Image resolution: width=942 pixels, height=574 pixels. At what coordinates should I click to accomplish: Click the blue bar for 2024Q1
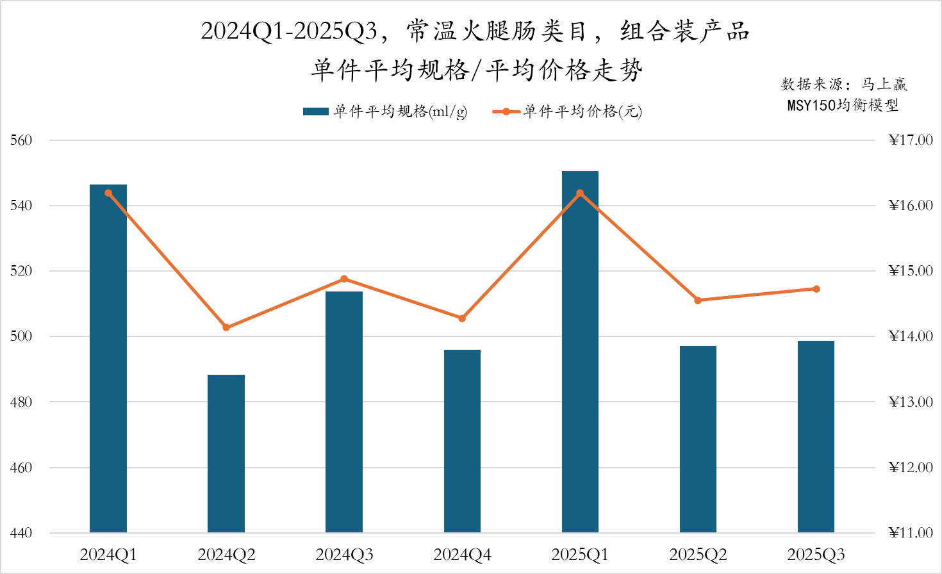coord(108,359)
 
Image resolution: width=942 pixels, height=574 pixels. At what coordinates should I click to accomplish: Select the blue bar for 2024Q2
coord(226,454)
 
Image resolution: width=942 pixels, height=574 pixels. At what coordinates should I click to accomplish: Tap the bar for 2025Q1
coord(580,352)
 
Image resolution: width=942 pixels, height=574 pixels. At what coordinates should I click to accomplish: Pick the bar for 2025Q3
coord(816,436)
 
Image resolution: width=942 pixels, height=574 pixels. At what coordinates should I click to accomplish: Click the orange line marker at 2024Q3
coord(344,279)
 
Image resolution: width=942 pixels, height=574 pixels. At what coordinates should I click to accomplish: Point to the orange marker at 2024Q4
coord(462,318)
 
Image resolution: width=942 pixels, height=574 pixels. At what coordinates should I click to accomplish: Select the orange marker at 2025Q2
coord(698,300)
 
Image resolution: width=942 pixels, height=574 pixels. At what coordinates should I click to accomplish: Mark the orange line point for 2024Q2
coord(226,327)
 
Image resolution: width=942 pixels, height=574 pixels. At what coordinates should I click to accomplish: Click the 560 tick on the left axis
coord(21,140)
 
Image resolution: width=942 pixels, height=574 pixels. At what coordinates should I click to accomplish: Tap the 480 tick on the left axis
coord(21,402)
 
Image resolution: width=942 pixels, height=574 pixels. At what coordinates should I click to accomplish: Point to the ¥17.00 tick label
coord(911,140)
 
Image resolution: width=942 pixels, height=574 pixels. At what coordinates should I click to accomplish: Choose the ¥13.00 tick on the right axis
coord(911,402)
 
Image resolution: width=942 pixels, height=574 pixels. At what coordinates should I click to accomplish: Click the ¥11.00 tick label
coord(911,533)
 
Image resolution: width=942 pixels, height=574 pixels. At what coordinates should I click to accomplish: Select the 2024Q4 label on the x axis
coord(462,555)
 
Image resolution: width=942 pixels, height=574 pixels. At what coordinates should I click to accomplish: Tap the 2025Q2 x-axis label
coord(698,555)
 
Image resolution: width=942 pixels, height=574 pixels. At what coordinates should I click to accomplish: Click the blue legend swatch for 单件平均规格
coord(315,111)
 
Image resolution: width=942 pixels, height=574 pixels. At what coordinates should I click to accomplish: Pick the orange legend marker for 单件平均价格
coord(506,111)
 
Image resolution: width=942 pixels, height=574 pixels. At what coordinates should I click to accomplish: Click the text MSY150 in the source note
coord(811,105)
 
